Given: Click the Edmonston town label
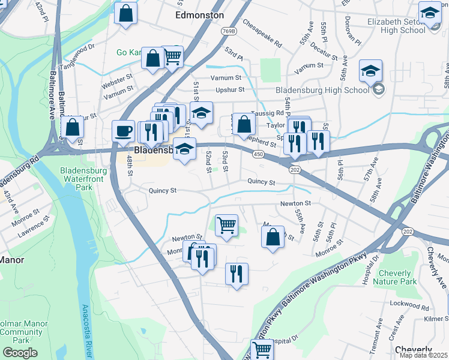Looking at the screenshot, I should tap(199, 15).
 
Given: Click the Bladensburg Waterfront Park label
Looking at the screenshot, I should tap(83, 179).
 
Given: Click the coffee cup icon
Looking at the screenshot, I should tap(124, 130).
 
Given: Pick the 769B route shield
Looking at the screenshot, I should tap(228, 31).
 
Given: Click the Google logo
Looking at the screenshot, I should tap(20, 353).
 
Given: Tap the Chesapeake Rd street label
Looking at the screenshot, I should tap(262, 34).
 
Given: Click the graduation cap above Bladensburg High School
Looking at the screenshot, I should tap(371, 70).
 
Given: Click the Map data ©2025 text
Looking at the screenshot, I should tap(423, 355).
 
